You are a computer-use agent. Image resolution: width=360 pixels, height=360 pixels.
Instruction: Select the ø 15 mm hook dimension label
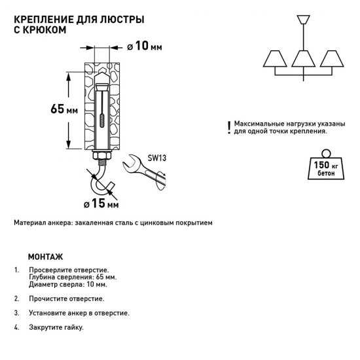click(x=104, y=205)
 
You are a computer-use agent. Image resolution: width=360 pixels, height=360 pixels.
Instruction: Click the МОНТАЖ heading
click(x=46, y=257)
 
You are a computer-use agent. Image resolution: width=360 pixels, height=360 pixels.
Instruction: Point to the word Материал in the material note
click(x=29, y=223)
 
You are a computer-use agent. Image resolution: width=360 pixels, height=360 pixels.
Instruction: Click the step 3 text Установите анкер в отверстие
click(x=79, y=313)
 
